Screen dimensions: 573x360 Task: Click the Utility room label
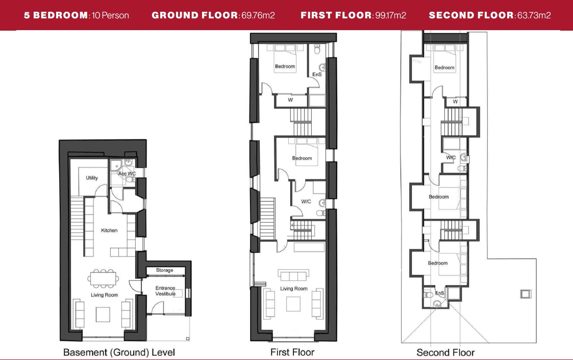click(x=92, y=178)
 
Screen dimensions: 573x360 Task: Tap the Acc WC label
click(x=127, y=174)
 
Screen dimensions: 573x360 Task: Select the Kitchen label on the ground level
click(x=109, y=230)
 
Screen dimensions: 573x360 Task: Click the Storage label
click(x=164, y=270)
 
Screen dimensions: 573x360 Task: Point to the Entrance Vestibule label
click(x=165, y=291)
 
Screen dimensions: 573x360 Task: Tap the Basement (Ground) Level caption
click(x=119, y=352)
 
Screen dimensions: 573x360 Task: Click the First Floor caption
click(x=292, y=352)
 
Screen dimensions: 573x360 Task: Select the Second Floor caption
click(x=445, y=353)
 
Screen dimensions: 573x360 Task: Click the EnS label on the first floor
click(x=317, y=74)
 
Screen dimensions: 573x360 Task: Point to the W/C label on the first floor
click(x=306, y=202)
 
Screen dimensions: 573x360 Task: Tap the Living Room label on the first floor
click(x=294, y=289)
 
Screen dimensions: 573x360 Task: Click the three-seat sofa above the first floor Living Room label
click(x=293, y=275)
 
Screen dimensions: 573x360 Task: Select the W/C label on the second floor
click(x=451, y=157)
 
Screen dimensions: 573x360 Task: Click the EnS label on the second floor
click(x=440, y=293)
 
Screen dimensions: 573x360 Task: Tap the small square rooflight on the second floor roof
click(x=526, y=294)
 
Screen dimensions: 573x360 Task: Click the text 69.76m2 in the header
click(x=258, y=15)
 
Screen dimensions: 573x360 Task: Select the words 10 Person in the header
click(x=110, y=15)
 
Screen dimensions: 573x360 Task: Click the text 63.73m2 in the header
click(x=534, y=15)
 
